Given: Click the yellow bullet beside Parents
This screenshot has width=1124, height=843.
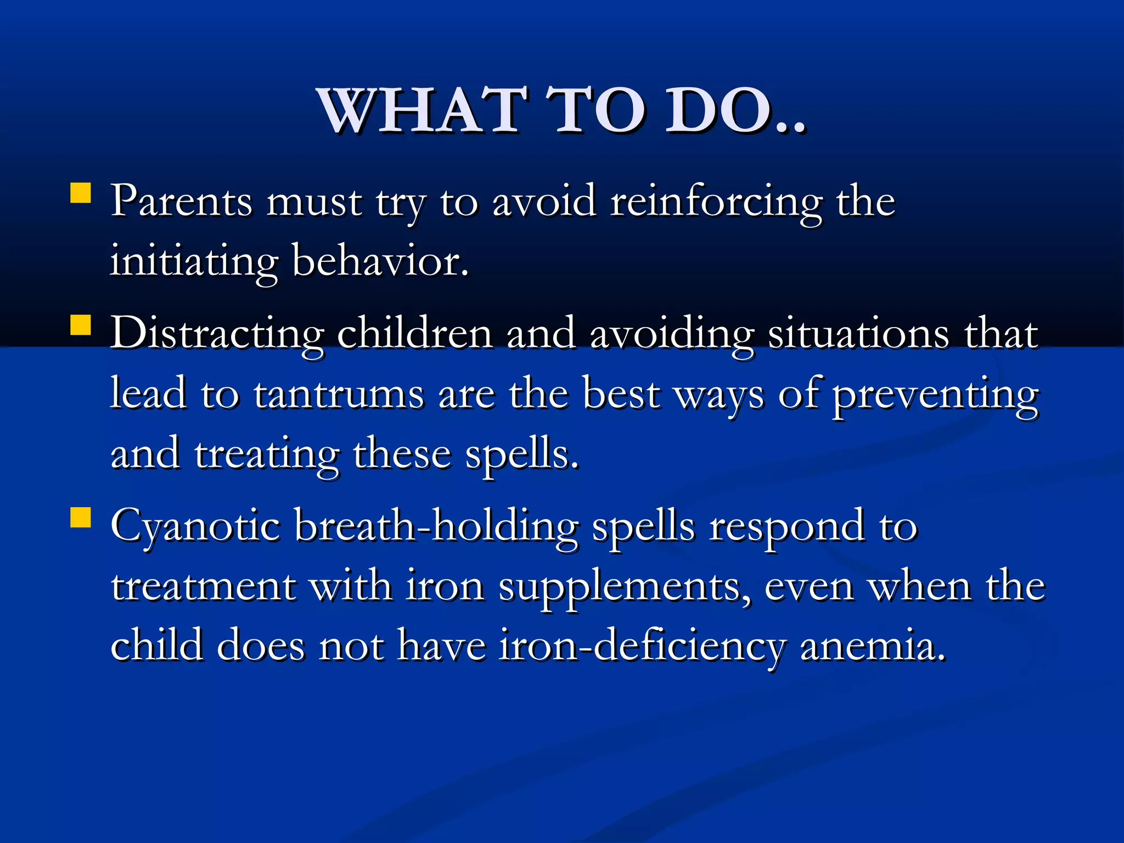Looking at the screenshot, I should (81, 193).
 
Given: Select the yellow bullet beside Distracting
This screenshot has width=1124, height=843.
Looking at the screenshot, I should (81, 324).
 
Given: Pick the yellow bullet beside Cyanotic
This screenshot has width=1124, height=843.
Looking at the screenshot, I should (81, 517).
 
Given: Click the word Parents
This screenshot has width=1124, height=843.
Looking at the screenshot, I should (182, 201).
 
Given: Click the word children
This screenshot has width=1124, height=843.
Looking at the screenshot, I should (414, 333).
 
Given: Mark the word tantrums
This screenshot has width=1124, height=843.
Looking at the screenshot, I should (339, 394).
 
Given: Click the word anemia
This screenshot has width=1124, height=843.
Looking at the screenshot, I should (873, 645).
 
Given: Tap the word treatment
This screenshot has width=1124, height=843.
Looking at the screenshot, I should (204, 586).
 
